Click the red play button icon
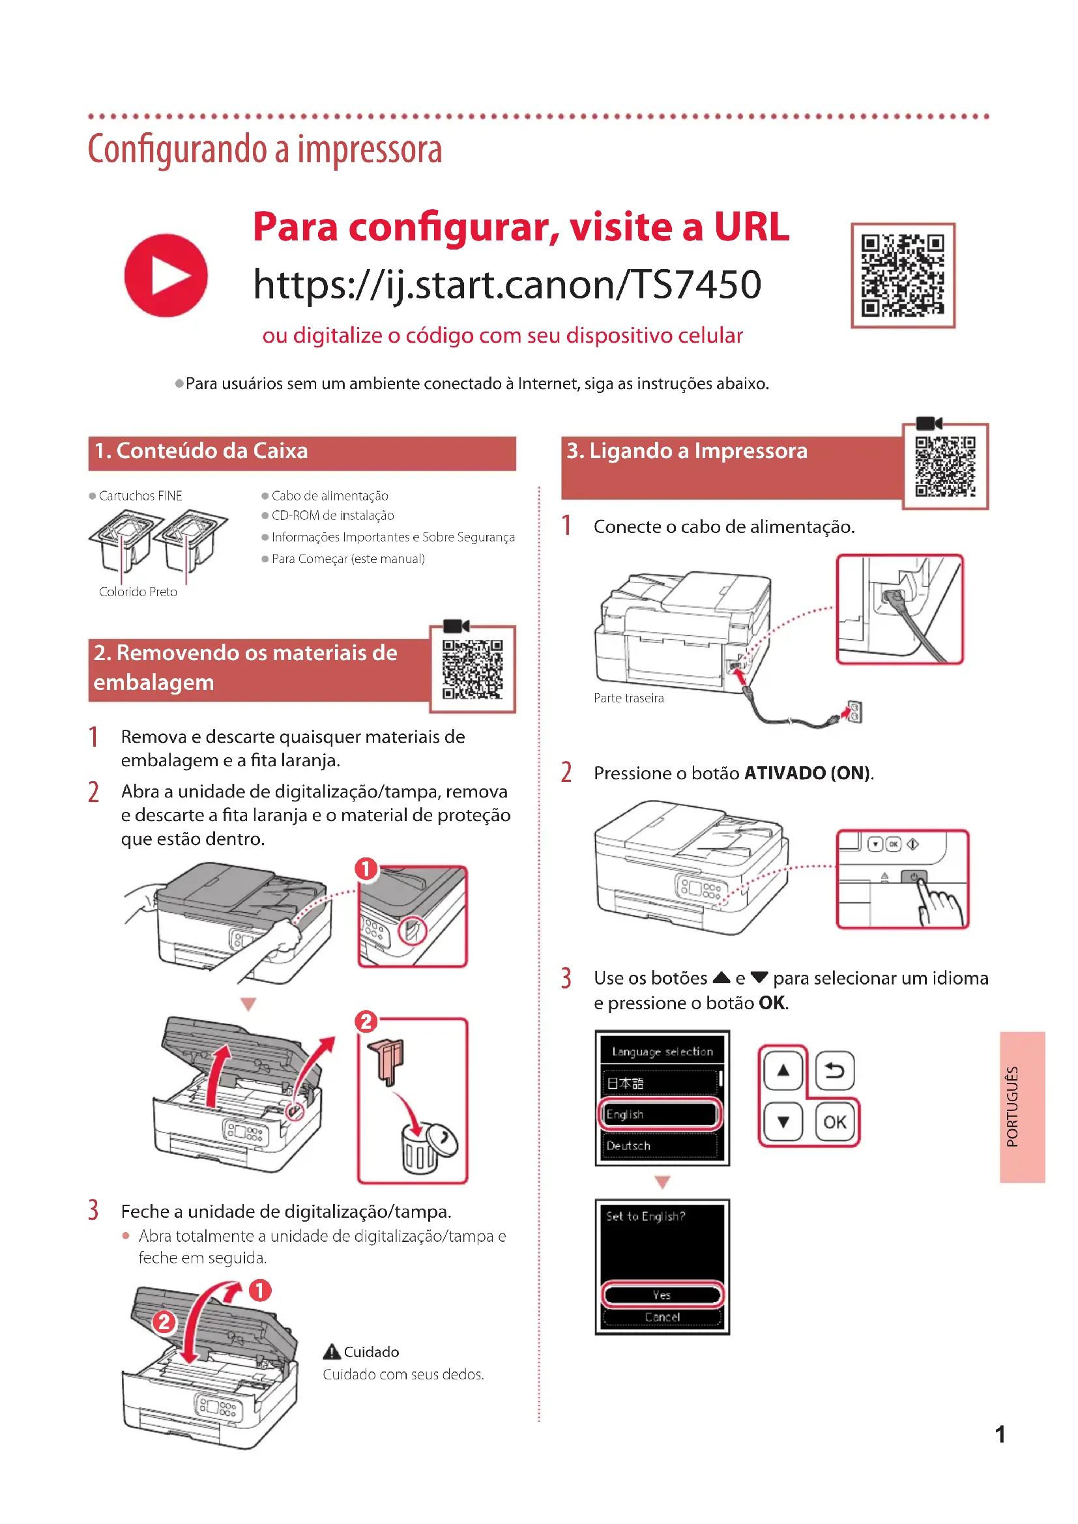[x=166, y=275]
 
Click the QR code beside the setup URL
[x=902, y=275]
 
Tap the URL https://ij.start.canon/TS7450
[x=507, y=284]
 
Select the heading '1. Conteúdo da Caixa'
[x=201, y=452]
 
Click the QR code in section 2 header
[x=473, y=669]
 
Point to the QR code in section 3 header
[x=944, y=466]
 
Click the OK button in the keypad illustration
[x=834, y=1122]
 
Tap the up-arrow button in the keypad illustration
[x=783, y=1070]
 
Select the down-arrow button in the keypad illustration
[x=783, y=1122]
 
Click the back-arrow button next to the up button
[x=834, y=1070]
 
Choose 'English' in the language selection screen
[x=660, y=1114]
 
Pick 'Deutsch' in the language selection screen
[x=660, y=1145]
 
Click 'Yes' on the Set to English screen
[x=662, y=1295]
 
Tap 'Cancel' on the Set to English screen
[x=662, y=1317]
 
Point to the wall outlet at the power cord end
[x=855, y=712]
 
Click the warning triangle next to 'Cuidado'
[x=331, y=1351]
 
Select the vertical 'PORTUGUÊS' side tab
[x=1022, y=1106]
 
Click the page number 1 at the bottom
[x=1000, y=1434]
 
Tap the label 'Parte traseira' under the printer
[x=628, y=698]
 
